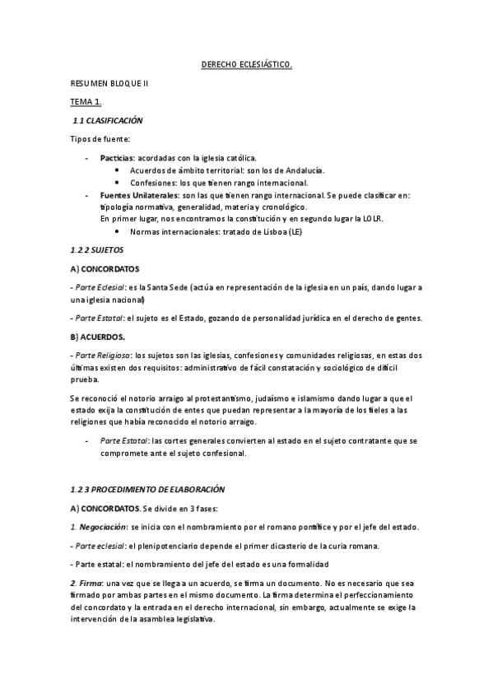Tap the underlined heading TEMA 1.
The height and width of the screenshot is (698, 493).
(x=85, y=102)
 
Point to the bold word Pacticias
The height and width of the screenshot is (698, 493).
(x=116, y=156)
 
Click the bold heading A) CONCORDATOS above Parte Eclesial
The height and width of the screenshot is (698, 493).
(x=105, y=268)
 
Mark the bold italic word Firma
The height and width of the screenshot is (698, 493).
(x=89, y=583)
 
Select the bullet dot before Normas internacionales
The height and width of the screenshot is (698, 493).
(x=119, y=232)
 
